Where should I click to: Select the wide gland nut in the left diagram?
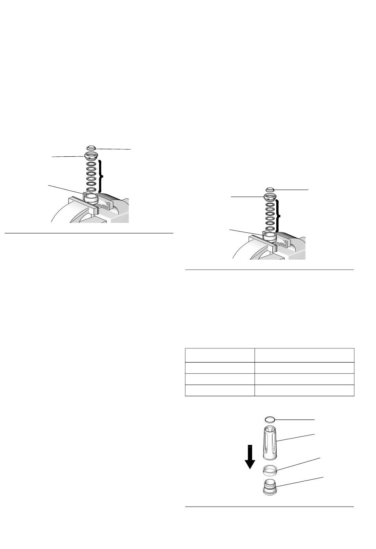point(90,155)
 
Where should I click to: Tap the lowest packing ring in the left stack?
point(90,189)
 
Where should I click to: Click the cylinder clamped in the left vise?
point(91,197)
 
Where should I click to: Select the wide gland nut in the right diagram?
point(270,196)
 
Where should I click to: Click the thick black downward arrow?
point(250,457)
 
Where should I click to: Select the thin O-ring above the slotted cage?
point(270,419)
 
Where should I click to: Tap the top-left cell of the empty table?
point(220,355)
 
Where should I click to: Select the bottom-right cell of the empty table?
point(304,390)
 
